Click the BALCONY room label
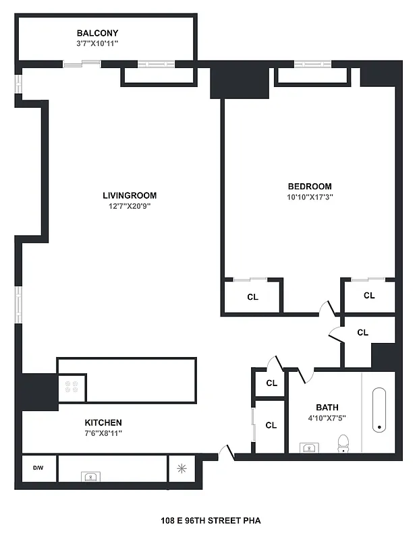point(97,33)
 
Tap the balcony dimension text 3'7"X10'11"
point(97,43)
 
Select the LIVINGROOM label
point(125,195)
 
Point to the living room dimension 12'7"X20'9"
point(125,206)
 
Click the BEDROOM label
point(310,187)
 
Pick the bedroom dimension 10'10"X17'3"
point(310,197)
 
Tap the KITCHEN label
point(103,422)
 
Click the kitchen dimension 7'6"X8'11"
point(103,433)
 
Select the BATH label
point(327,407)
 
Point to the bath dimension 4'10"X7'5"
point(327,418)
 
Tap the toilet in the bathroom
point(343,444)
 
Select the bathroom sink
point(308,448)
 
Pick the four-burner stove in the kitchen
point(72,387)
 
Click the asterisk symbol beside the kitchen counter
point(181,468)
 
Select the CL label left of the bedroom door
point(252,297)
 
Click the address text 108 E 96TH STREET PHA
point(211,520)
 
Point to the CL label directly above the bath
point(362,332)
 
